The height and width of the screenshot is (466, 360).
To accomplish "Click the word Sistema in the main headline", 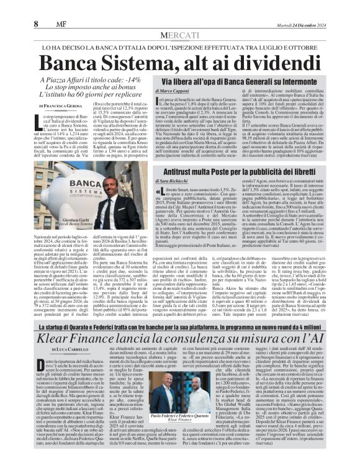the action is pyautogui.click(x=155, y=63).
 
